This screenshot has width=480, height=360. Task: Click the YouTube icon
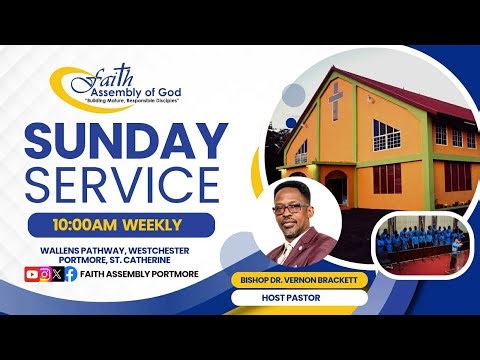pos(31,273)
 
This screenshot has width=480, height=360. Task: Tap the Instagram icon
pos(45,273)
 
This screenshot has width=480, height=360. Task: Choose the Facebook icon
pos(70,273)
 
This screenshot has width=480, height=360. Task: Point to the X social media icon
pos(57,273)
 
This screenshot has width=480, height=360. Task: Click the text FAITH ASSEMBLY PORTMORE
pos(140,273)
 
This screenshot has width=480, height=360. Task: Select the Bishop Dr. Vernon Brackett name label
pos(298,280)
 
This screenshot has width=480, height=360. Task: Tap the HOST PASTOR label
pos(298,298)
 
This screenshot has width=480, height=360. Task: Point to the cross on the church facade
pos(338,100)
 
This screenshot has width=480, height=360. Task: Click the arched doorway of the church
pos(337,185)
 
